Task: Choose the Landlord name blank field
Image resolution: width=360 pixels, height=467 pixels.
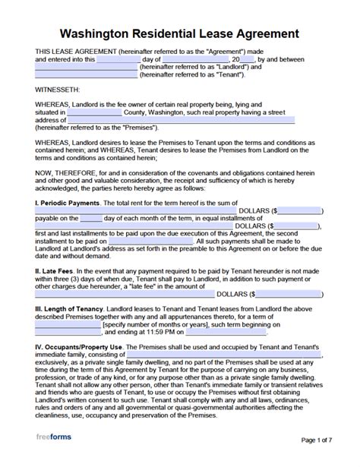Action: coord(87,66)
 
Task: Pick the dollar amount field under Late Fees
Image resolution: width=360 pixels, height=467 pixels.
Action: coord(288,293)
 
